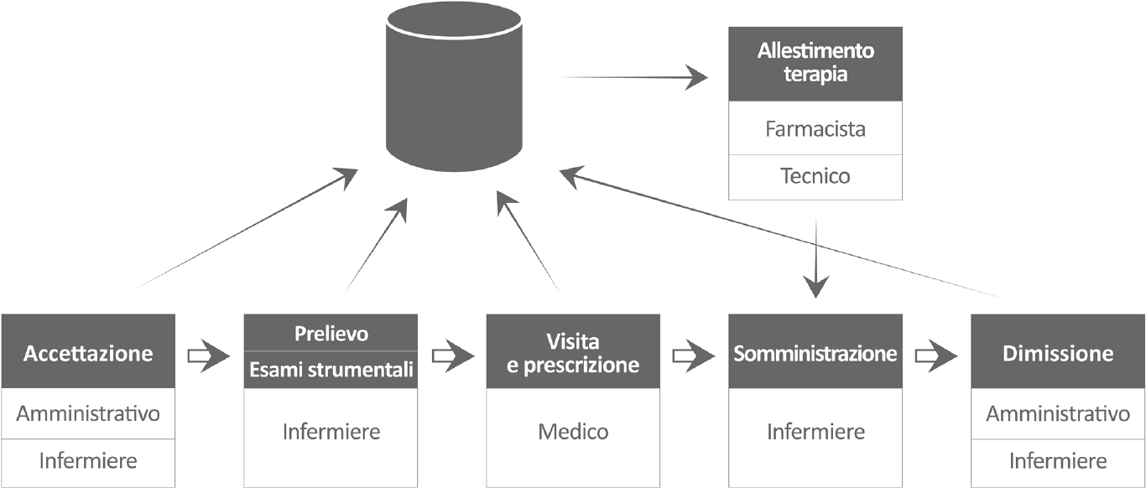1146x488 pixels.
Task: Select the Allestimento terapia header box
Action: tap(815, 64)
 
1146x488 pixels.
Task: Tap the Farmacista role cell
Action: tap(815, 129)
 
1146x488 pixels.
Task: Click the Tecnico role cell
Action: tap(815, 176)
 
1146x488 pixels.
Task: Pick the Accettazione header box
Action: tap(88, 352)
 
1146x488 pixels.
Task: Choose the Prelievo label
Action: tap(331, 333)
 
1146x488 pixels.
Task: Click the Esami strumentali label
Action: tap(331, 370)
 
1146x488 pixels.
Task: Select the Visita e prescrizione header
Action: tap(573, 352)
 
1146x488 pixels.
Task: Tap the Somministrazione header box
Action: tap(815, 352)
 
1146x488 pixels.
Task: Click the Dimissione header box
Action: tap(1057, 352)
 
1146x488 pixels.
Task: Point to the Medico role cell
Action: tap(573, 432)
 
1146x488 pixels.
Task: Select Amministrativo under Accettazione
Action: tap(88, 413)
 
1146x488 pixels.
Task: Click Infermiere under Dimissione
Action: tap(1057, 460)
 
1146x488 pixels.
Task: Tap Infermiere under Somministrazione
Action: tap(815, 432)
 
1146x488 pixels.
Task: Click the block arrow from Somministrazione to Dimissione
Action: tap(936, 356)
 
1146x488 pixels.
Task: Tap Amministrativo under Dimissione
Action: tap(1057, 413)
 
